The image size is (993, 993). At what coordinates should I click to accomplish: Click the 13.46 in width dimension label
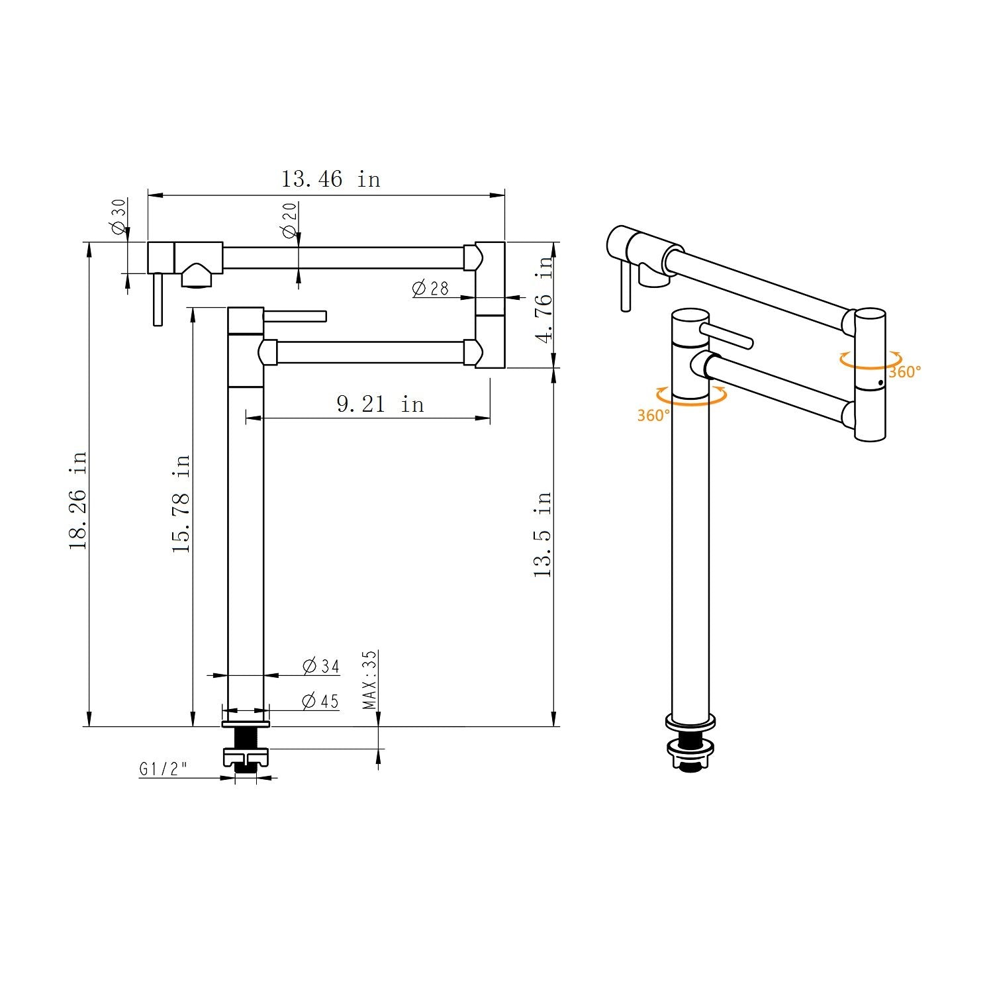tap(330, 179)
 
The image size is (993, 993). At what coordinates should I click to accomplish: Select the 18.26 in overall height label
tap(78, 500)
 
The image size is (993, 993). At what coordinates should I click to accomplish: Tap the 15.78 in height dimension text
tap(181, 503)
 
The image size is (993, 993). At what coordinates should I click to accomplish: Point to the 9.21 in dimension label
tap(380, 404)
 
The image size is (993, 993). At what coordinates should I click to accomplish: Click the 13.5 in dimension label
tap(543, 534)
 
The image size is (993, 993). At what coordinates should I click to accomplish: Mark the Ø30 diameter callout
tap(118, 216)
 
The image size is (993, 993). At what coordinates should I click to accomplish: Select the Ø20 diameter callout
tap(289, 220)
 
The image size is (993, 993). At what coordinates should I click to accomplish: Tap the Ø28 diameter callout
tap(430, 289)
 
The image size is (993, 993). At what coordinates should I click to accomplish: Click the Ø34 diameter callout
tap(321, 666)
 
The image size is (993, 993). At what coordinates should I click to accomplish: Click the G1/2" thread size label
tap(163, 769)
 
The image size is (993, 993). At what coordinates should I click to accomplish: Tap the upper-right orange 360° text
tap(904, 372)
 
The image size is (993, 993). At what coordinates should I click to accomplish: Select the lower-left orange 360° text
tap(653, 415)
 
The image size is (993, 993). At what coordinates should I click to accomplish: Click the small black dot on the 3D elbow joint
tap(880, 383)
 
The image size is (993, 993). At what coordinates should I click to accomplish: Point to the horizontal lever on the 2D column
tap(295, 316)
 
